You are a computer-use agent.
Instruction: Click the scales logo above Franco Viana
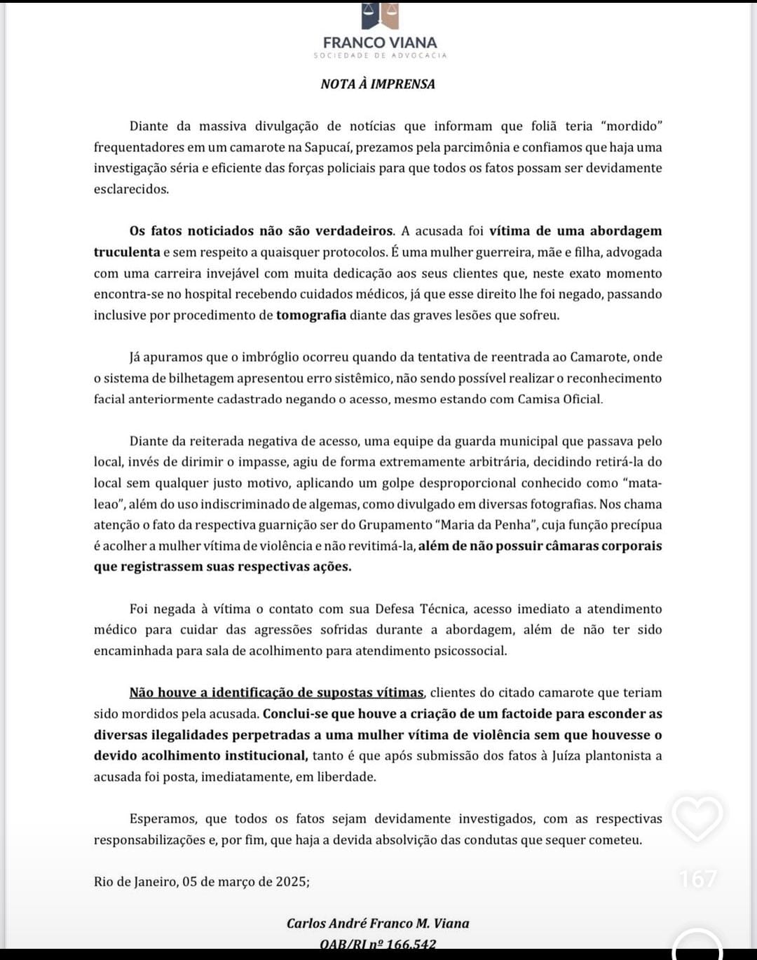(380, 15)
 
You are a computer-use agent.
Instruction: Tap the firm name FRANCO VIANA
(380, 42)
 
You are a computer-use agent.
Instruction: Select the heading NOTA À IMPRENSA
(378, 84)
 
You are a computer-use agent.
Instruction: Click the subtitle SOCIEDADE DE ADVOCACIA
(380, 55)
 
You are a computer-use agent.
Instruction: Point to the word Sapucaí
(332, 147)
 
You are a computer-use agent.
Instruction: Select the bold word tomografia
(311, 315)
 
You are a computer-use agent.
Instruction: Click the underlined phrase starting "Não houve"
(277, 692)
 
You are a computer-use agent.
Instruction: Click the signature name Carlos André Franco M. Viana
(378, 924)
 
